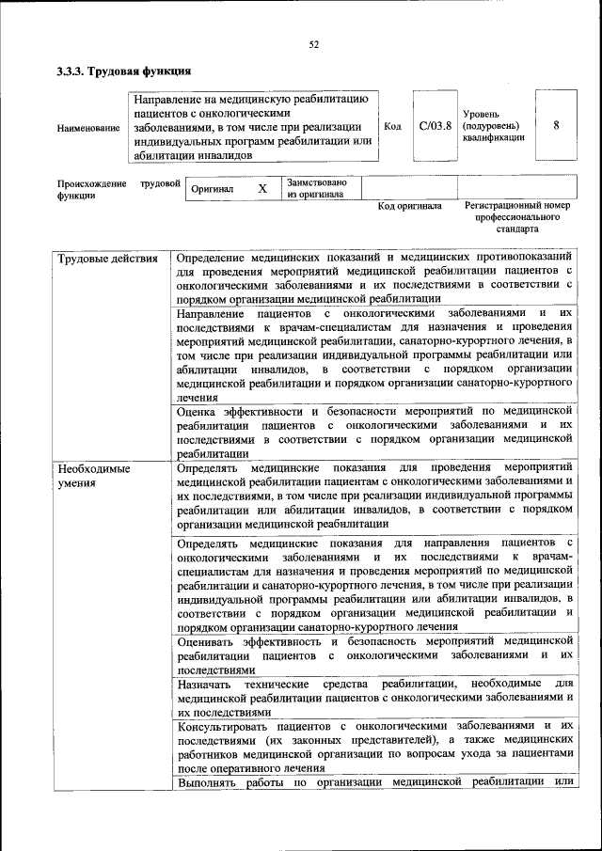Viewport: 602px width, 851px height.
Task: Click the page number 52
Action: pos(314,44)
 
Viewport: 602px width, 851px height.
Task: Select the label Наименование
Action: pos(88,127)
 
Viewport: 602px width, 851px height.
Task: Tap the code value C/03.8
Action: pos(436,124)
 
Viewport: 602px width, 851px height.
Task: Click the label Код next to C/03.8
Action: pos(393,125)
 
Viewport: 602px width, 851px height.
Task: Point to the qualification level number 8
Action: pos(557,124)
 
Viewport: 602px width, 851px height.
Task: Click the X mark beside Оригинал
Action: pos(262,189)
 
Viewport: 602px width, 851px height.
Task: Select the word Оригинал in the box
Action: pos(212,189)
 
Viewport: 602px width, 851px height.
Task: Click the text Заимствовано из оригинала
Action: pos(317,188)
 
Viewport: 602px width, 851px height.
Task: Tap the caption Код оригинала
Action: pos(409,206)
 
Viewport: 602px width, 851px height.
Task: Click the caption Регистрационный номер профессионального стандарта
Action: pos(517,216)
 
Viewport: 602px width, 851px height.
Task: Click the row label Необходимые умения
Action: pos(93,475)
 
